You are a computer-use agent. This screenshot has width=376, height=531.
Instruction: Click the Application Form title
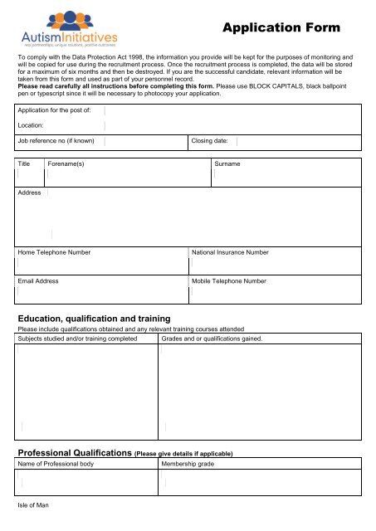(281, 28)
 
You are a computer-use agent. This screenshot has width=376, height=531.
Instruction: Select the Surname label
(227, 164)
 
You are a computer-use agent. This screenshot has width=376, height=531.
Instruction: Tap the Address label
(30, 192)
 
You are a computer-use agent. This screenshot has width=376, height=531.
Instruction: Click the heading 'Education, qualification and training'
(95, 319)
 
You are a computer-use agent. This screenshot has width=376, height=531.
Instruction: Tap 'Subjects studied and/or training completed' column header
(77, 339)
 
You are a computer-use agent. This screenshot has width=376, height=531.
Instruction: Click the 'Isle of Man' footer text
(33, 504)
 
